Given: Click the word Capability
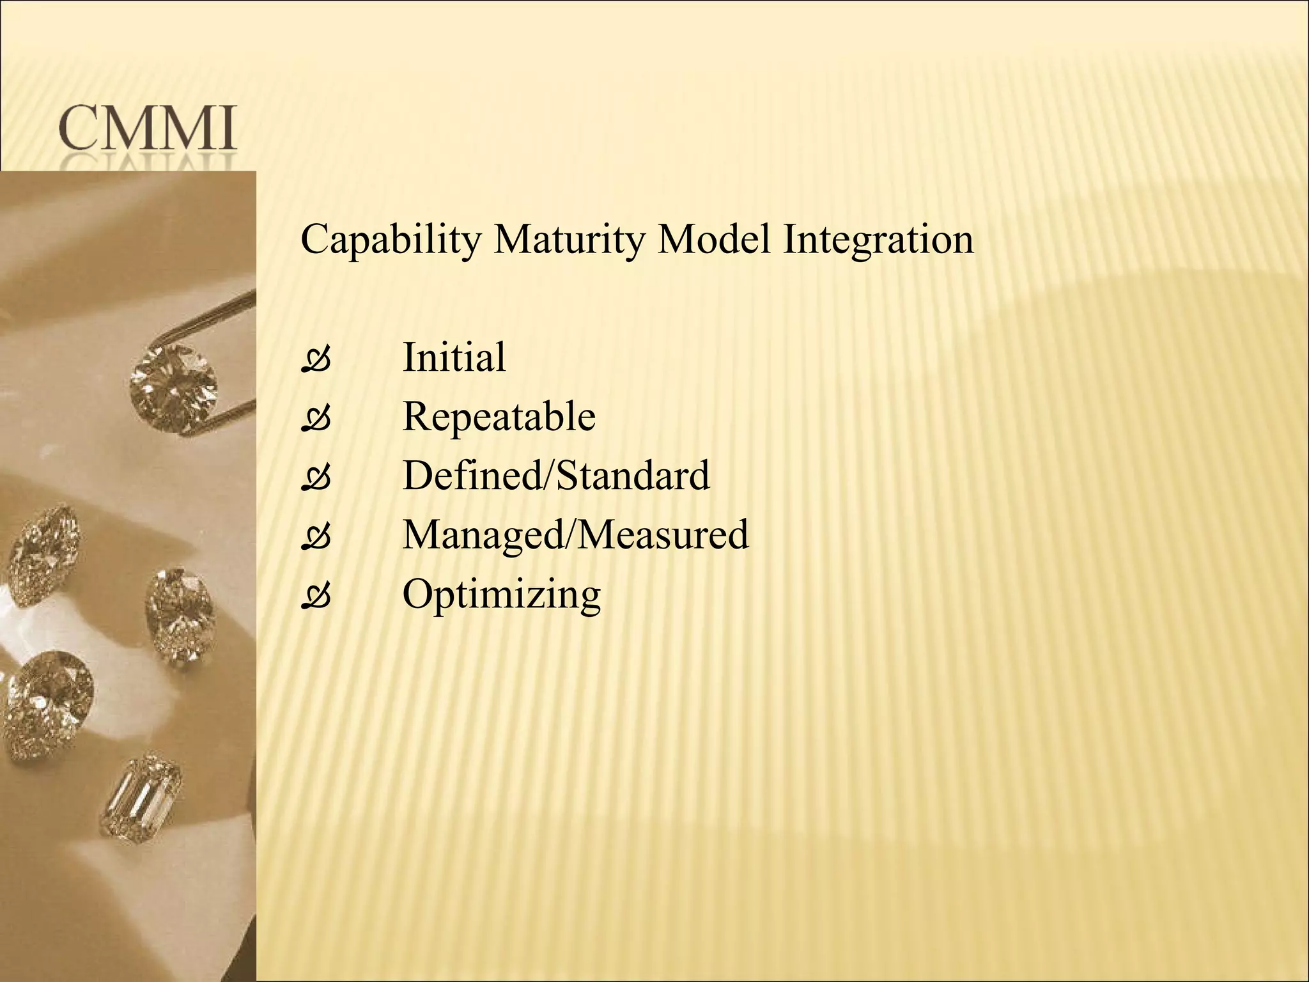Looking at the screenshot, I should point(391,240).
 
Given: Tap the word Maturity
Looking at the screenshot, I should point(566,240).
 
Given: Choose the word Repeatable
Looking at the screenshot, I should point(499,417).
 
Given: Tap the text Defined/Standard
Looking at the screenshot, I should point(556,476).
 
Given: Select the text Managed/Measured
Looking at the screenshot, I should point(575,535).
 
